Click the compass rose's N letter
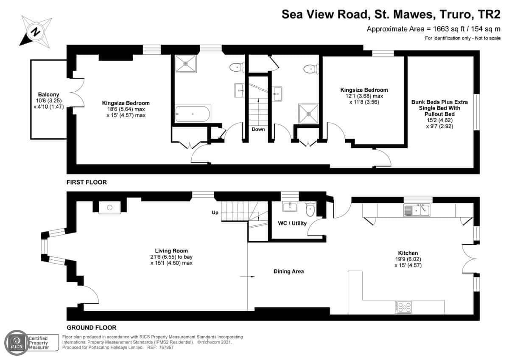35,32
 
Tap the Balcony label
49,94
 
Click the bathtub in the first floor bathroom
193,114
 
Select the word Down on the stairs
258,129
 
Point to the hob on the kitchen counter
403,307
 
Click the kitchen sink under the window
417,210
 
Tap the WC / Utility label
292,223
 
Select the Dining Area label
288,271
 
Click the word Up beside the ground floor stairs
215,213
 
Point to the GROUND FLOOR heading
92,327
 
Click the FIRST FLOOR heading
87,182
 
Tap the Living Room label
171,251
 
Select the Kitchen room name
408,253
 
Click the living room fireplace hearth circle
110,208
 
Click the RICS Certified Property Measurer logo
31,343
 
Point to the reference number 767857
166,348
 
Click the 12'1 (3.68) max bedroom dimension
364,96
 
